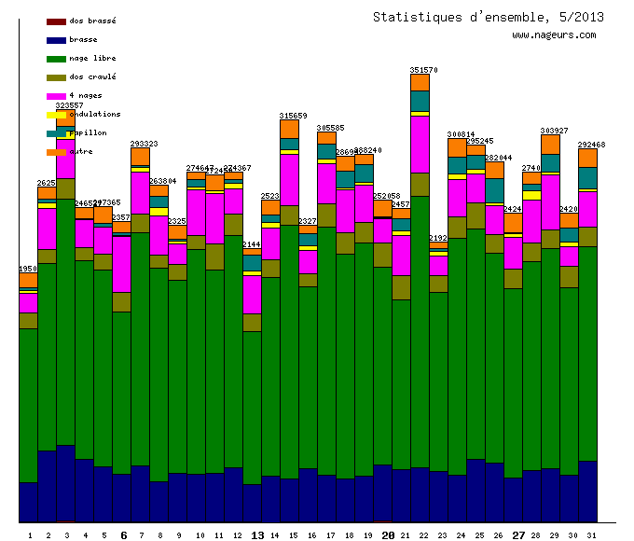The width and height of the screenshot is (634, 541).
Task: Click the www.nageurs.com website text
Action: click(x=554, y=35)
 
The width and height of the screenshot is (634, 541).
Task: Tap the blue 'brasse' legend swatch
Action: click(x=56, y=40)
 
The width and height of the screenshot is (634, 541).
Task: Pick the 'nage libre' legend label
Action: click(x=92, y=58)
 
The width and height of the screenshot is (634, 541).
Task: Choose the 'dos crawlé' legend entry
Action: click(x=92, y=76)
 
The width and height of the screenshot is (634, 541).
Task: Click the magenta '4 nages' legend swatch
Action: click(x=56, y=96)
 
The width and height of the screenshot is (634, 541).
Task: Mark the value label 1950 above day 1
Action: click(x=29, y=269)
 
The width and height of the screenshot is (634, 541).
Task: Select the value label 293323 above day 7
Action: click(x=144, y=144)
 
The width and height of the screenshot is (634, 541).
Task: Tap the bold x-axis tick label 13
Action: click(x=258, y=535)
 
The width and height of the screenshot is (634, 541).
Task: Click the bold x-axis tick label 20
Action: click(x=389, y=535)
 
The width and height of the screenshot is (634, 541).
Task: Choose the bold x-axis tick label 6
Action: click(x=124, y=535)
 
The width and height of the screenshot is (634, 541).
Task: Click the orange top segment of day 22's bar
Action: click(x=420, y=82)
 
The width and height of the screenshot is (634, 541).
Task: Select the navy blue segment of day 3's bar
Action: click(x=65, y=482)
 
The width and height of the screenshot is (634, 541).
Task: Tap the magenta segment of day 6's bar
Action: click(x=121, y=264)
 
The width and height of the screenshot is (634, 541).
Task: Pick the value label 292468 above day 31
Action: click(x=591, y=145)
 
